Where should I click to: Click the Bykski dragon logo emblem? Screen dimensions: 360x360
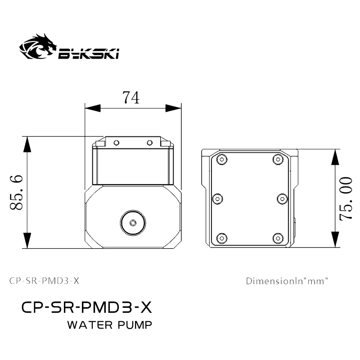coord(38,47)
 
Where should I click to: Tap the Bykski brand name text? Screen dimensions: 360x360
coord(88,54)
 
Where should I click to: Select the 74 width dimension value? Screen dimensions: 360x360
coord(131,98)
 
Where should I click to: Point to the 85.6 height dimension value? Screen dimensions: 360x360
coord(17,193)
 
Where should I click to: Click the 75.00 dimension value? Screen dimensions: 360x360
coord(346,199)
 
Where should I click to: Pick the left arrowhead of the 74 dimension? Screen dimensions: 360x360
coord(93,108)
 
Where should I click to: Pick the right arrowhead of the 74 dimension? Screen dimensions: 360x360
coord(173,108)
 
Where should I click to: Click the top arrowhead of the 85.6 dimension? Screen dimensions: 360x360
coord(27,144)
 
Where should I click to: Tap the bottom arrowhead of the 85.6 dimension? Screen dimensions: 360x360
coord(27,240)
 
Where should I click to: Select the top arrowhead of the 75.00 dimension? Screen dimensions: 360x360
coord(335,157)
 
